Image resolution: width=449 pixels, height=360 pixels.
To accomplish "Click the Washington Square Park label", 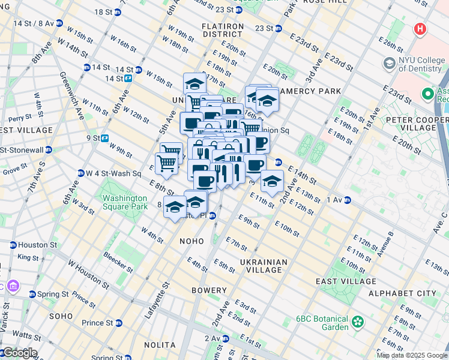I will pyautogui.click(x=124, y=202).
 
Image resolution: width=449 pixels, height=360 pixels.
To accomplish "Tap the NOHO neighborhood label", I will pyautogui.click(x=192, y=240).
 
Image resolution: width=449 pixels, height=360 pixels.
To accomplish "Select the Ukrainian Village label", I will pyautogui.click(x=264, y=266).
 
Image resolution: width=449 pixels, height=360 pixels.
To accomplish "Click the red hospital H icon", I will pyautogui.click(x=420, y=29).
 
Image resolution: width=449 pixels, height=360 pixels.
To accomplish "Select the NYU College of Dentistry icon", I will pyautogui.click(x=390, y=62).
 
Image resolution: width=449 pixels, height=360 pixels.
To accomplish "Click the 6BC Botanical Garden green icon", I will pyautogui.click(x=358, y=322).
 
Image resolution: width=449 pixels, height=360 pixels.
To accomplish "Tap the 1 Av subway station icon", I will pyautogui.click(x=348, y=200).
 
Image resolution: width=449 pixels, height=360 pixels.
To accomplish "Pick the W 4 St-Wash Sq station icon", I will pyautogui.click(x=80, y=173).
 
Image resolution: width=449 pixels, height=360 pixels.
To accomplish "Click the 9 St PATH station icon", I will pyautogui.click(x=104, y=137).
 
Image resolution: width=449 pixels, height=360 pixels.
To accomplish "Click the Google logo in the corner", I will pyautogui.click(x=19, y=353).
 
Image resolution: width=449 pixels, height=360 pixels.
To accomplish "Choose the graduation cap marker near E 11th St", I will pyautogui.click(x=272, y=182).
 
